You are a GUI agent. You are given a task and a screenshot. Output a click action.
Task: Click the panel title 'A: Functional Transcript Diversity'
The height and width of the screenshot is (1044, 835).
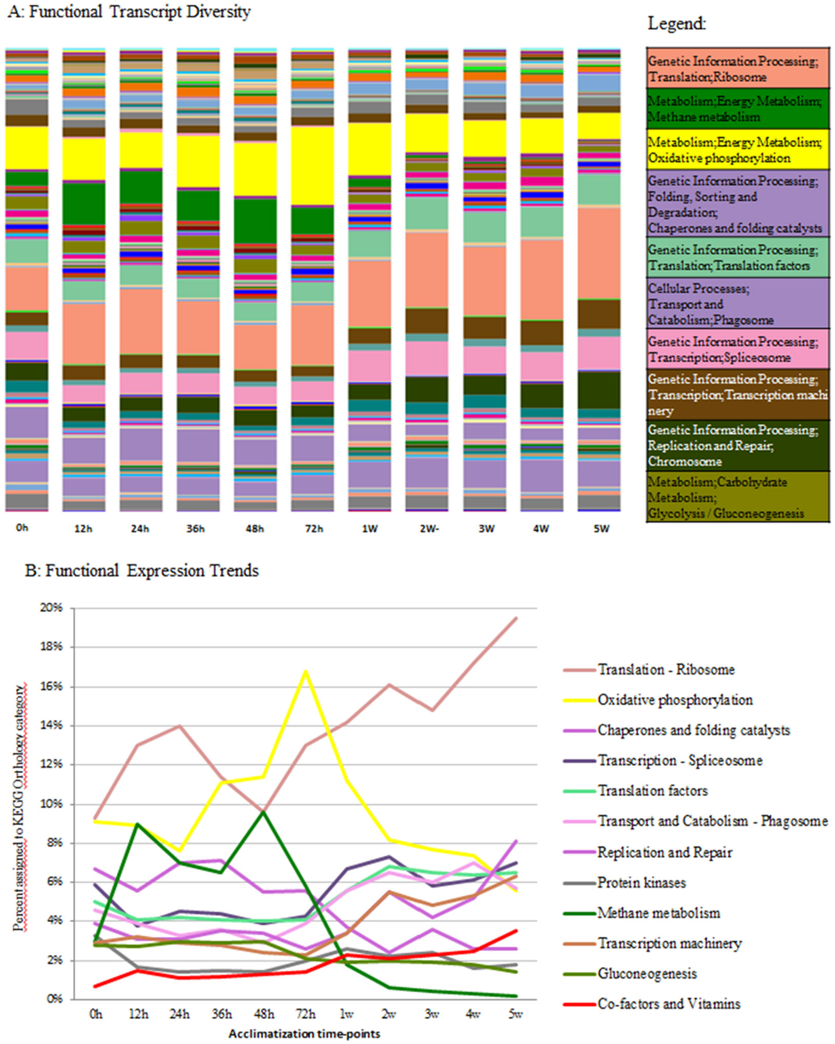coord(129,12)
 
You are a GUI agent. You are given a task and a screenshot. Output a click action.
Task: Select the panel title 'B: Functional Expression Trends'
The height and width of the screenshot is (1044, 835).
coord(142,571)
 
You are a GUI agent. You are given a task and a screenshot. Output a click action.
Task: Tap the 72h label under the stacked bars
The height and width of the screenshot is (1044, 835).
coord(314,529)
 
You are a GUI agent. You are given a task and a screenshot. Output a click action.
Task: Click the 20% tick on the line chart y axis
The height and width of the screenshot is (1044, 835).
coord(51,608)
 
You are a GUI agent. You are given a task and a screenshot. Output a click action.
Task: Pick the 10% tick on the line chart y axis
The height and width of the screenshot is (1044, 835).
coord(51,804)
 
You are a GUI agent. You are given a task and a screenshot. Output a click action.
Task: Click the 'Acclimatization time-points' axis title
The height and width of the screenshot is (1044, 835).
coord(304,1034)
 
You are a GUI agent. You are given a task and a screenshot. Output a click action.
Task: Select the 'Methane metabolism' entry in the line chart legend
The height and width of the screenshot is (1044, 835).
coord(658,913)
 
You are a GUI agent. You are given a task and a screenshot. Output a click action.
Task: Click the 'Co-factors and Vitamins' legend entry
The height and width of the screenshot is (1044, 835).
coord(669,1004)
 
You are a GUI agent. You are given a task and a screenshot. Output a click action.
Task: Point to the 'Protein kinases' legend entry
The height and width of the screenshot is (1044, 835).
coord(641,883)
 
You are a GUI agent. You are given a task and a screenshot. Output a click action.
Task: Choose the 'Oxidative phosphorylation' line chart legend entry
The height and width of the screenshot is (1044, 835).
coord(675,700)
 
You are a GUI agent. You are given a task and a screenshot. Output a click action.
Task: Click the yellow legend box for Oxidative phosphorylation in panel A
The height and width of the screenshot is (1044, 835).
coord(737,150)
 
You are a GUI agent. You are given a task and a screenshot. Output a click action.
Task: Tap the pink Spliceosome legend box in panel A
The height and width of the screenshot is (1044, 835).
coord(737,349)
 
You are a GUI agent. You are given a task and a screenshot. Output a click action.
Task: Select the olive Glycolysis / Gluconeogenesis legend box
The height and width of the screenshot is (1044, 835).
coord(737,497)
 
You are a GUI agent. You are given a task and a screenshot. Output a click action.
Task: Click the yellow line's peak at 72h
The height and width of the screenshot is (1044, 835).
coord(306,671)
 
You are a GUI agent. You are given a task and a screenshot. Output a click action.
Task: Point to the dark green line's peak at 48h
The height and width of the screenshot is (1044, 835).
coord(263,811)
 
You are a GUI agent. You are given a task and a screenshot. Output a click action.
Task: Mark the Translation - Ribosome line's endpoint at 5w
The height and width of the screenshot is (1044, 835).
coord(516,618)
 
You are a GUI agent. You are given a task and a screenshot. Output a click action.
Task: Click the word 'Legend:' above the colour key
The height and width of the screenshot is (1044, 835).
coord(677,24)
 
